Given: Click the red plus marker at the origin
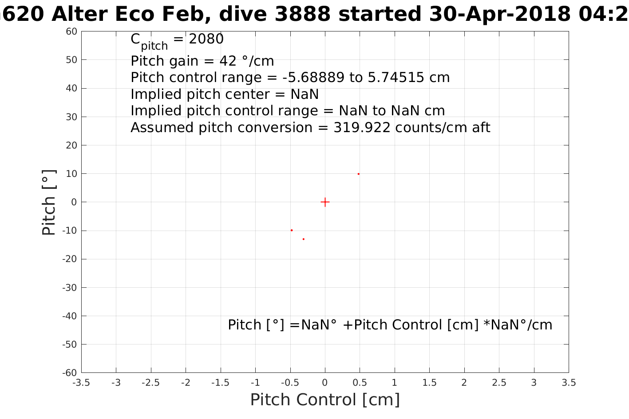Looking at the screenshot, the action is [x=325, y=202].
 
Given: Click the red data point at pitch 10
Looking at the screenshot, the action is [x=359, y=174].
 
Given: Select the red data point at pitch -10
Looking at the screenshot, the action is [x=292, y=230].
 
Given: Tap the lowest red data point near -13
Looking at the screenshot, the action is [x=304, y=239].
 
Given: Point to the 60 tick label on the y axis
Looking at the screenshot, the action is [x=71, y=31].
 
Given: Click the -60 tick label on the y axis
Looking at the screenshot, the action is [x=70, y=373].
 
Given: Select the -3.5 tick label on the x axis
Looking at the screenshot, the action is [x=81, y=383].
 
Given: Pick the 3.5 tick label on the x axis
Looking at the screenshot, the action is [x=569, y=383].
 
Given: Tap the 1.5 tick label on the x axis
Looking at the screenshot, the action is [x=429, y=383].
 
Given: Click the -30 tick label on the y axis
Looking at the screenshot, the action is [x=70, y=287].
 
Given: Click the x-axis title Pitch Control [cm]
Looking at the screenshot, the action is [x=325, y=400].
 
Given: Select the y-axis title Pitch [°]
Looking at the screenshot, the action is [x=48, y=202].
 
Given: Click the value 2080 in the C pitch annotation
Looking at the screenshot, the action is [x=206, y=39].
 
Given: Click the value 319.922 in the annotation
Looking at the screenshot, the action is [x=362, y=128].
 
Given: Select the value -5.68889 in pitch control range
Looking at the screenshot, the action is [x=313, y=78].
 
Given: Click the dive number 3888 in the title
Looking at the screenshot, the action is [x=302, y=14].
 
